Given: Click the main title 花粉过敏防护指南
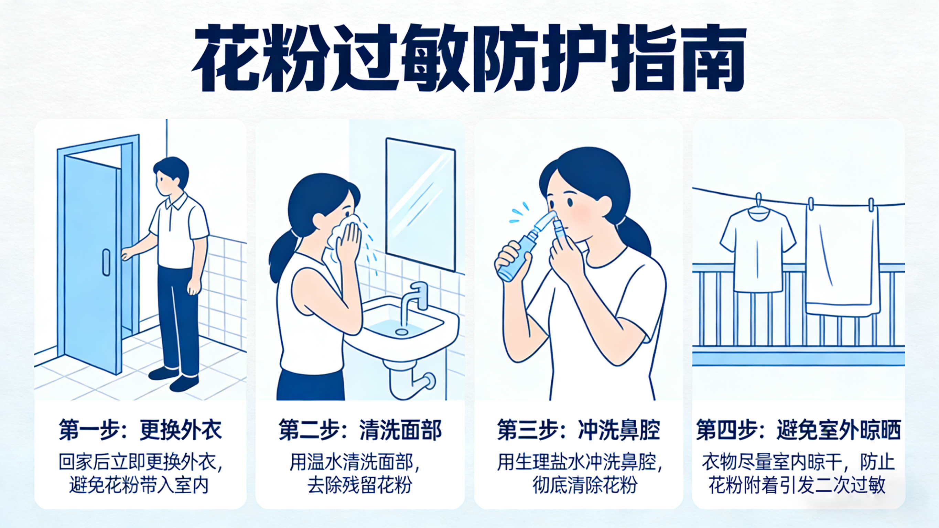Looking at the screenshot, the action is coord(469,59).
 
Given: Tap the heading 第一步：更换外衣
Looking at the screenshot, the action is coord(141,430).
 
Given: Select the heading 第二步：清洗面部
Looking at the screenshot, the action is coord(360,430).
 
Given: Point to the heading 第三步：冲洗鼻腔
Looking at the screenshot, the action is coord(579,430).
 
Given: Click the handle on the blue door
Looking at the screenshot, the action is coord(106,262).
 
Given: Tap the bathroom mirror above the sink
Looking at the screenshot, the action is coord(421,204).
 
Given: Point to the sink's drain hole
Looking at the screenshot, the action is coord(401,332).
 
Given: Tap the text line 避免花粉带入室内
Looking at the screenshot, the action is coord(139,485).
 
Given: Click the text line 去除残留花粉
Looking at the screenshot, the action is coord(359,485).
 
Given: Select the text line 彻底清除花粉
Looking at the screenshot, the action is coord(585,485).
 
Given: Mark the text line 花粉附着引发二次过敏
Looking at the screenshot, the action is coord(797,485).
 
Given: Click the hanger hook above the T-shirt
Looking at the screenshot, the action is coord(759,200).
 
